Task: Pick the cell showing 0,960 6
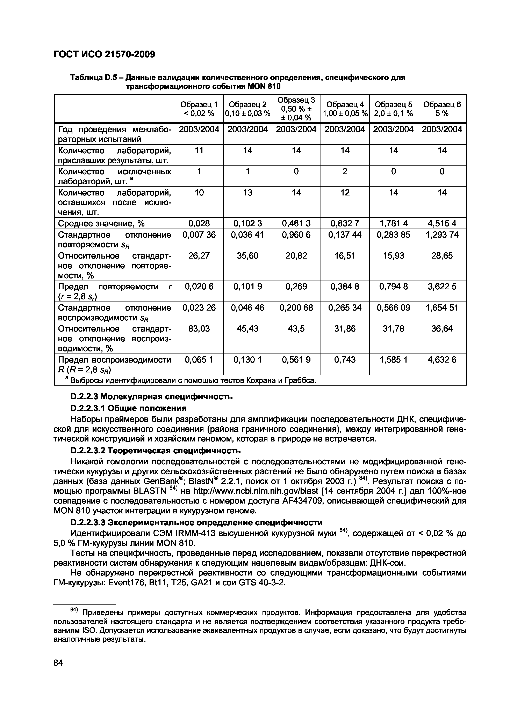[x=296, y=235]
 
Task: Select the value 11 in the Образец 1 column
[x=199, y=151]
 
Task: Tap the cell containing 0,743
[x=345, y=359]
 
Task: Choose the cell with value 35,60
[x=248, y=256]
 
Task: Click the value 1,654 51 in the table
[x=442, y=307]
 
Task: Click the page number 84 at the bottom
[x=58, y=663]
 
